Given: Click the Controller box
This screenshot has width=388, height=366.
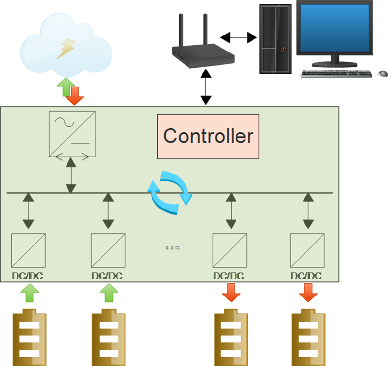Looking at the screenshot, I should point(208,137).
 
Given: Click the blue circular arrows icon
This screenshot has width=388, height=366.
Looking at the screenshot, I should point(169,192).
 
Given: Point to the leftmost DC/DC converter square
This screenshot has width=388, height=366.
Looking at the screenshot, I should point(28,250).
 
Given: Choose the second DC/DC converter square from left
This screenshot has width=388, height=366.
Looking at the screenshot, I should point(108,250).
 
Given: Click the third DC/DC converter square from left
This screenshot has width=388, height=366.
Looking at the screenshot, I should point(230,250).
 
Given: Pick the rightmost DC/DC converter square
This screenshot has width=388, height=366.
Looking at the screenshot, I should point(307,250).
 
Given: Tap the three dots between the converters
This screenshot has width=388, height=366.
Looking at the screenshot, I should point(172,248).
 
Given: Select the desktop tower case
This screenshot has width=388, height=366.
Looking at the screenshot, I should point(275,38).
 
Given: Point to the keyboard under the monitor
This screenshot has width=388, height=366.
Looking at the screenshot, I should point(335,74).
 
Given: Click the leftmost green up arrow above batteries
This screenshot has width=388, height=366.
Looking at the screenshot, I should point(28,294).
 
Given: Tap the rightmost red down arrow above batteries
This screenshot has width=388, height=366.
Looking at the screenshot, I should point(307,294).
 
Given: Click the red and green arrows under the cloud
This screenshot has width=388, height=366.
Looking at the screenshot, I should point(68,91).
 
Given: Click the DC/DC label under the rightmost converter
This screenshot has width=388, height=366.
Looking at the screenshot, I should point(306,276).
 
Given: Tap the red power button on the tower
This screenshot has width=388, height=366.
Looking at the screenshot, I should point(283,49).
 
